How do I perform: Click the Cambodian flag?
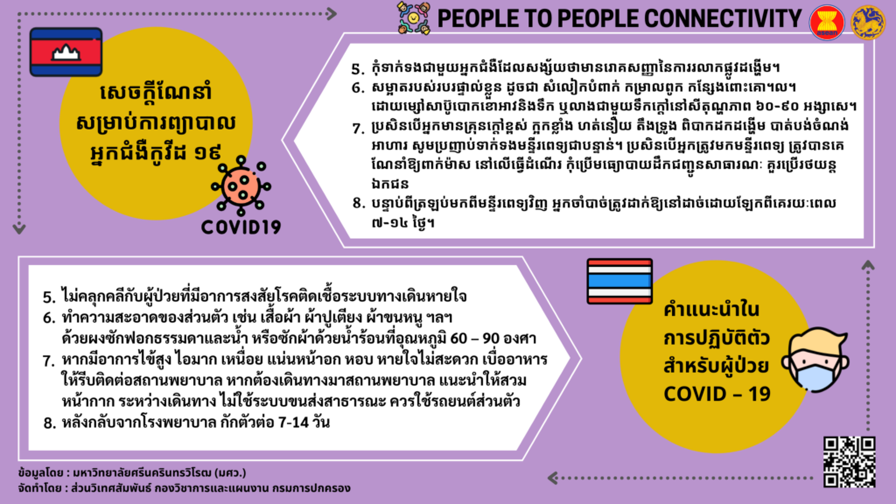coord(66,52)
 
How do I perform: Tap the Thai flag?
coord(619,281)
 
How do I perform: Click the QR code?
coord(849,462)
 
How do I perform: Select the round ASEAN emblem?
coord(827,22)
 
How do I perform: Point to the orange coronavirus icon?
coord(241,185)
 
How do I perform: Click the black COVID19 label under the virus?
coord(241,227)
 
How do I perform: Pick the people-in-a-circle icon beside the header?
coord(414,18)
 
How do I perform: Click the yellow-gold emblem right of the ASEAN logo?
coord(868,22)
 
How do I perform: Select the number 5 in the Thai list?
coord(49,297)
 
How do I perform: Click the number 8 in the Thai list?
coord(49,423)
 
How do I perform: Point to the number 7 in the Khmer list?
coord(358,129)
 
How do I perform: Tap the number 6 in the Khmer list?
coord(358,88)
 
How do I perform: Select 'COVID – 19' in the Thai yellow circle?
coord(717,394)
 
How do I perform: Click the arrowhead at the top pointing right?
coord(331,14)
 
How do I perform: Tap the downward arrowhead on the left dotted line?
coord(19,229)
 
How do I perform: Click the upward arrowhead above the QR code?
coord(868,265)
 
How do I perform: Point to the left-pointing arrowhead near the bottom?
coord(553,478)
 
